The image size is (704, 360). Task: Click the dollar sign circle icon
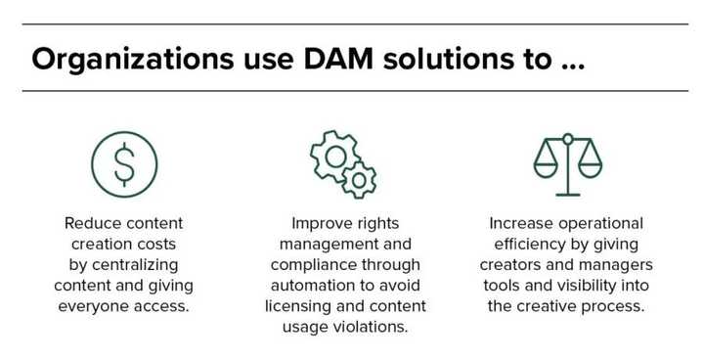pyautogui.click(x=123, y=164)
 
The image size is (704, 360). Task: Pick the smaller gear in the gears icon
pyautogui.click(x=360, y=179)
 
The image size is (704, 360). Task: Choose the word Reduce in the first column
pyautogui.click(x=90, y=223)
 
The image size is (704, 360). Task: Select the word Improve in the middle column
pyautogui.click(x=319, y=223)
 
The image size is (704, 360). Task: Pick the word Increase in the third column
pyautogui.click(x=516, y=223)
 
